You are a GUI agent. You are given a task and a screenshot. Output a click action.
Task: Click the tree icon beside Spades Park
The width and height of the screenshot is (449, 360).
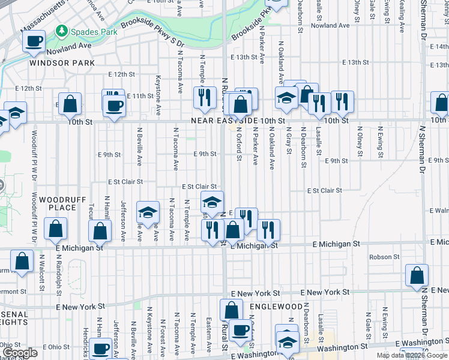coord(61,31)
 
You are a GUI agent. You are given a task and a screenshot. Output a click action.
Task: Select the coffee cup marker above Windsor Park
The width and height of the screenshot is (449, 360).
coord(34,42)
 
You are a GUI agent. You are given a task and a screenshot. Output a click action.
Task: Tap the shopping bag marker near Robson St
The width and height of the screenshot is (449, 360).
coord(417,275)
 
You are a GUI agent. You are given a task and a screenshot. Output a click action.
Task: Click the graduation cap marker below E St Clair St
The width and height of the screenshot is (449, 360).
coord(212,202)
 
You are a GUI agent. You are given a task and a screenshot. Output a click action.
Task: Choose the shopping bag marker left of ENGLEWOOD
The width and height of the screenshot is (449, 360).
coord(231,310)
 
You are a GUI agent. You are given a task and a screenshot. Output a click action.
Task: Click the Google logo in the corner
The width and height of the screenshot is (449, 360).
coord(20,353)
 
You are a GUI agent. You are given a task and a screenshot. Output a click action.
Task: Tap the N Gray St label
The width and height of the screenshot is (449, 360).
coord(289,140)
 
